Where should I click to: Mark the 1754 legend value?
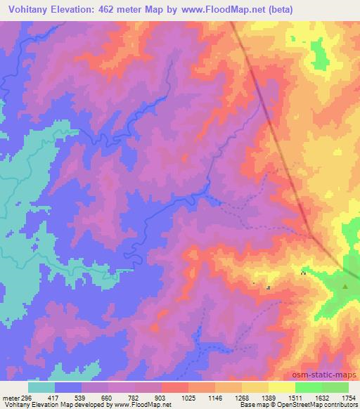click(349, 398)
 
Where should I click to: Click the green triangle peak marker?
click(345, 286)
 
